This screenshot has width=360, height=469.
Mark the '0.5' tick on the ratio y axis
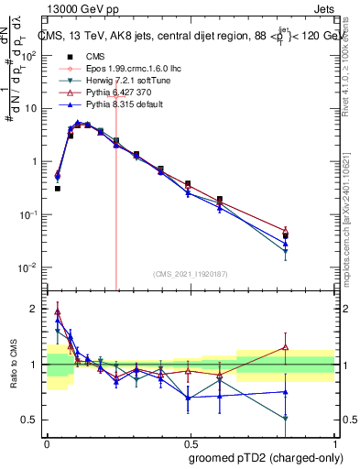point(32,420)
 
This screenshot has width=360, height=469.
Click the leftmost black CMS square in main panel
point(58,188)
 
